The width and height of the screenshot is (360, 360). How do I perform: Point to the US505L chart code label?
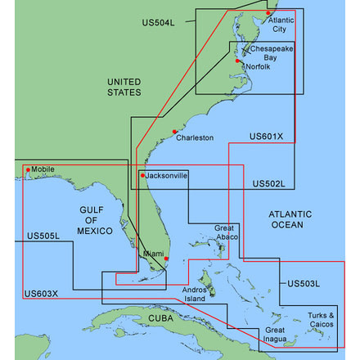43,236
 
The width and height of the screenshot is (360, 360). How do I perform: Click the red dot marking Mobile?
29,170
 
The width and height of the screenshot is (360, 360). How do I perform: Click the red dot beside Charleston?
173,132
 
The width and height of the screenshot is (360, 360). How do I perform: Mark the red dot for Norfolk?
238,61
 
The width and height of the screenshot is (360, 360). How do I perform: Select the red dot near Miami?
166,259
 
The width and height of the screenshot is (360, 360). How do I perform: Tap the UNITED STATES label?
124,87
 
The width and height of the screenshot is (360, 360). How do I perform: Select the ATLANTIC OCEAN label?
286,218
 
